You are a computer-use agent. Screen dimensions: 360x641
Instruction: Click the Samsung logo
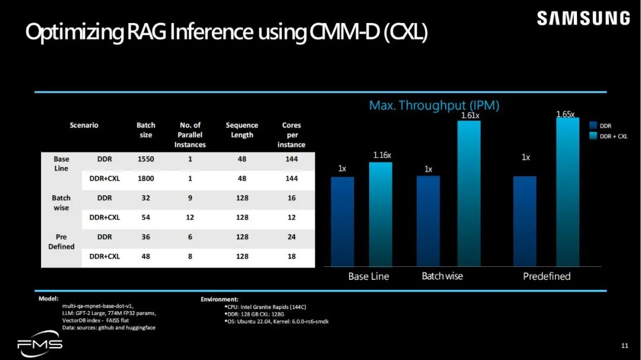pyautogui.click(x=583, y=18)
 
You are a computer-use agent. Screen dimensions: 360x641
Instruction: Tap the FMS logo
pyautogui.click(x=39, y=344)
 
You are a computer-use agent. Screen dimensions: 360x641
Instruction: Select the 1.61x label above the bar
pyautogui.click(x=469, y=116)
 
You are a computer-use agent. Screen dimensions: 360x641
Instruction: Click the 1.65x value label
pyautogui.click(x=565, y=114)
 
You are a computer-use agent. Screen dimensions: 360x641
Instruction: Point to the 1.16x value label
pyautogui.click(x=382, y=155)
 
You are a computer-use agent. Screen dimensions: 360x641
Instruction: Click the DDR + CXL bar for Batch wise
pyautogui.click(x=469, y=193)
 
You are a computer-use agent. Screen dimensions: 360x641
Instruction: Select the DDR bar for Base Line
pyautogui.click(x=342, y=221)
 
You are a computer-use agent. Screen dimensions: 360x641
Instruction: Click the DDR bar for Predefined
pyautogui.click(x=525, y=221)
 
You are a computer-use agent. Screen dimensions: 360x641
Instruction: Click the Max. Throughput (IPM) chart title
pyautogui.click(x=434, y=106)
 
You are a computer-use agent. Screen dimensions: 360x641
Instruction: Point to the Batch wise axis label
pyautogui.click(x=442, y=276)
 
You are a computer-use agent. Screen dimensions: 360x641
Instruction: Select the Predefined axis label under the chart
pyautogui.click(x=547, y=276)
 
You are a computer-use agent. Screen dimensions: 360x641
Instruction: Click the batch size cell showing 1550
pyautogui.click(x=145, y=159)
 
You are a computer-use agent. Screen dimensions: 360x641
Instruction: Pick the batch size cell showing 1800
pyautogui.click(x=145, y=179)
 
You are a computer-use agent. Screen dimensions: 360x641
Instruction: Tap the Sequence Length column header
pyautogui.click(x=242, y=130)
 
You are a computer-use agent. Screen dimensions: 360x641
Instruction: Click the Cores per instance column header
pyautogui.click(x=291, y=135)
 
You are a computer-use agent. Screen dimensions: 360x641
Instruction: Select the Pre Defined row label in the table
pyautogui.click(x=61, y=241)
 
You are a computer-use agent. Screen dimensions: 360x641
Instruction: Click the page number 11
pyautogui.click(x=624, y=346)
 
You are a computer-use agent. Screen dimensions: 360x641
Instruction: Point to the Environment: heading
pyautogui.click(x=219, y=300)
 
